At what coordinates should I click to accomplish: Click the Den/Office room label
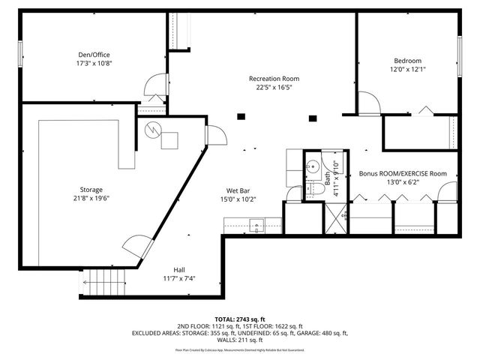click(x=94, y=54)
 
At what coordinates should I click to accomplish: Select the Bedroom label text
click(x=407, y=61)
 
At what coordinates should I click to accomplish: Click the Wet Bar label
click(x=238, y=190)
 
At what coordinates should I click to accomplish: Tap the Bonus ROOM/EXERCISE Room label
click(x=402, y=173)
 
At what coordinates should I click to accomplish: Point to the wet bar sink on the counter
click(x=255, y=223)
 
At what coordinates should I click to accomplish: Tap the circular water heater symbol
click(x=154, y=129)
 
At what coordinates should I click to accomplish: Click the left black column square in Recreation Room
click(x=241, y=116)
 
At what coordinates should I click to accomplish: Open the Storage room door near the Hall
click(x=135, y=247)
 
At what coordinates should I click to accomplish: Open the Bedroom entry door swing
click(x=368, y=103)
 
